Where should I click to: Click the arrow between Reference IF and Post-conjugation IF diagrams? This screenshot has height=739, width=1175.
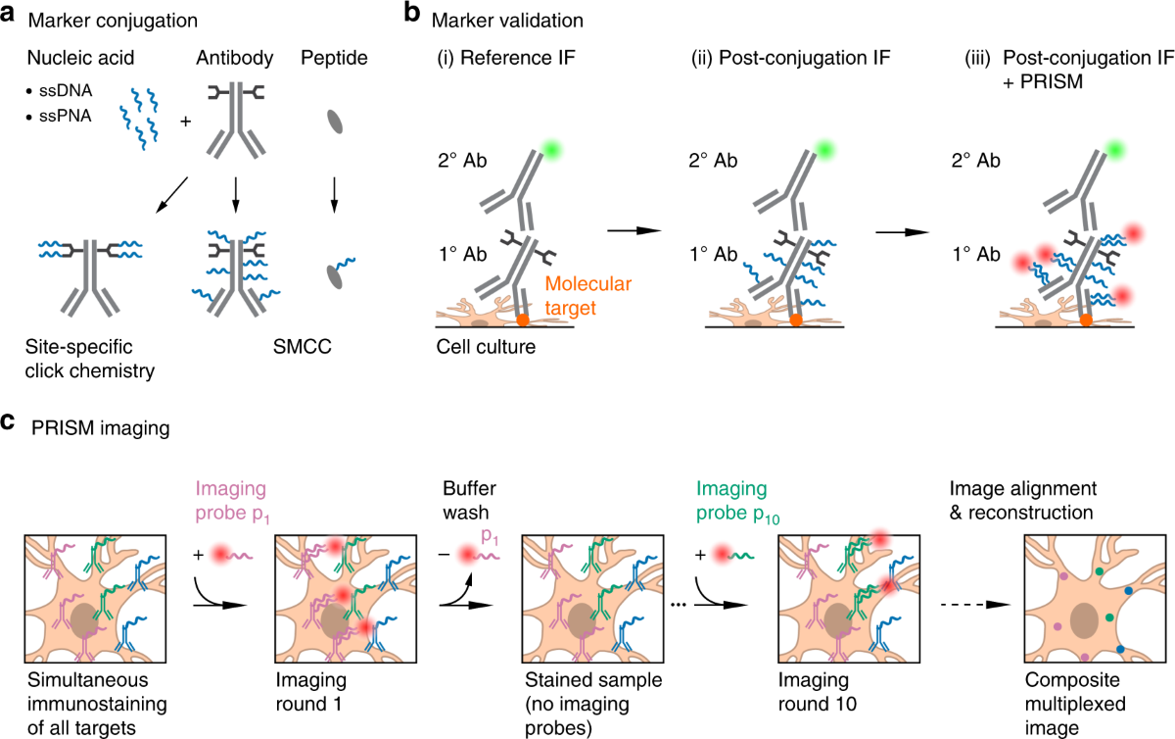(x=634, y=230)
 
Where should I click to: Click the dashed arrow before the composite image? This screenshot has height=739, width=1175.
(x=964, y=603)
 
